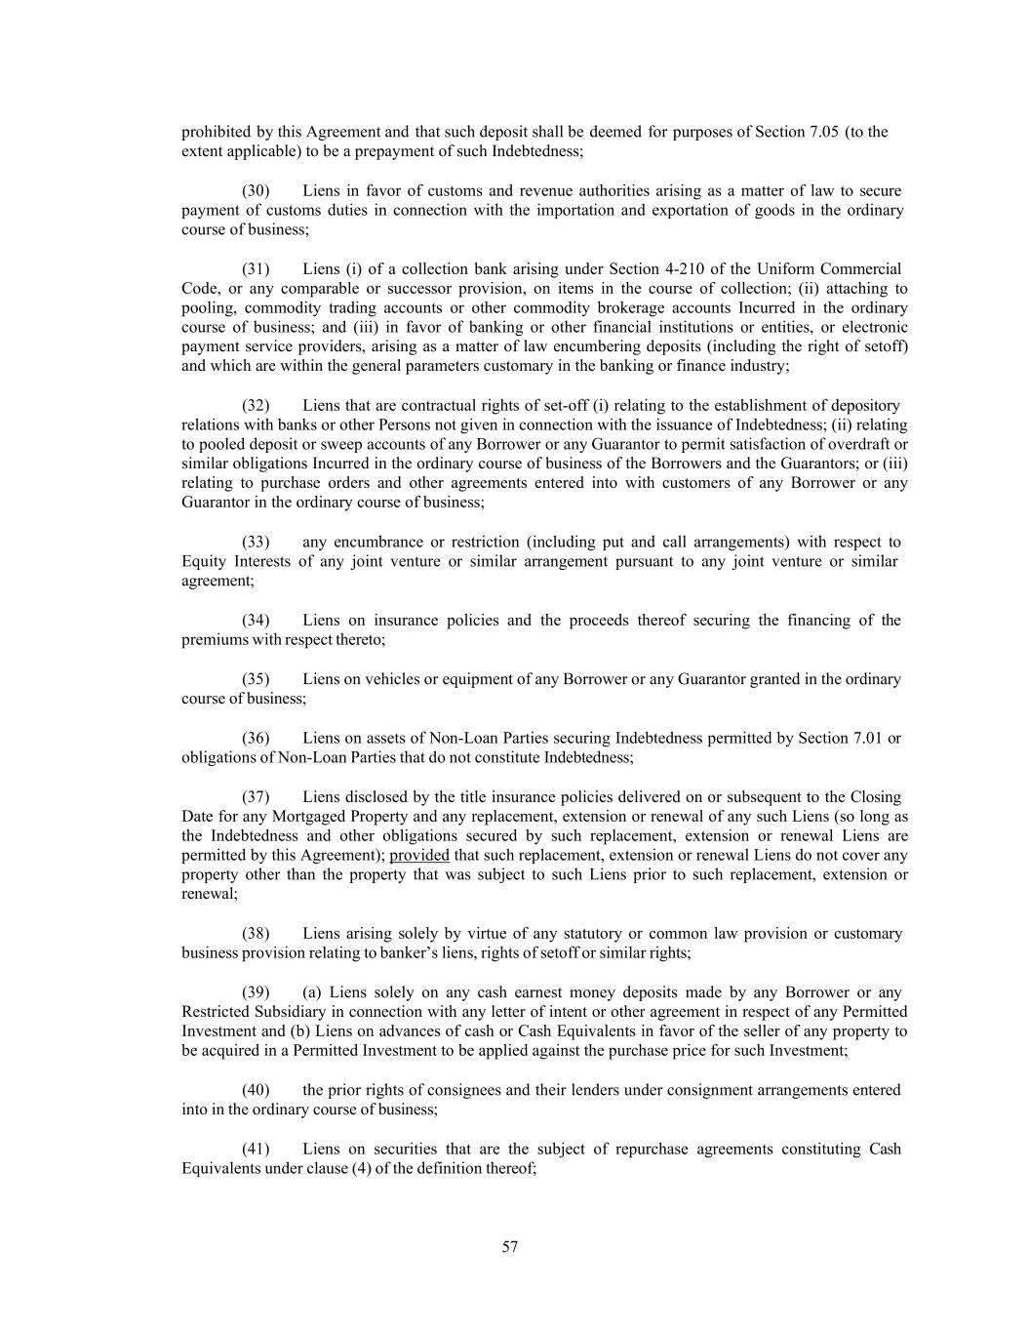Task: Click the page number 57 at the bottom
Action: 510,1247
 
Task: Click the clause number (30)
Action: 256,191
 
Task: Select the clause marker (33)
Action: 256,543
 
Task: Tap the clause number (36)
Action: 256,739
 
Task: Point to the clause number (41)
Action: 256,1150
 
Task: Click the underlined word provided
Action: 419,856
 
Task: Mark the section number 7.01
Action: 863,739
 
